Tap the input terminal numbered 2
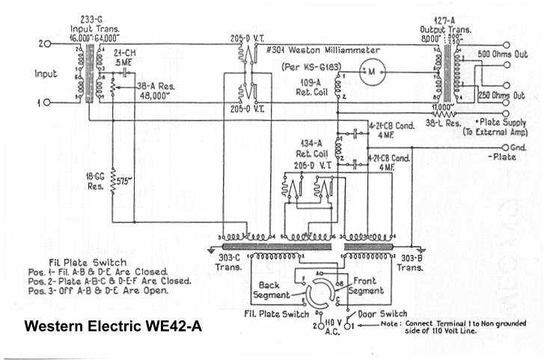pyautogui.click(x=48, y=44)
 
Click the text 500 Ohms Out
pyautogui.click(x=503, y=55)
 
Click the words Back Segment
pyautogui.click(x=267, y=290)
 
